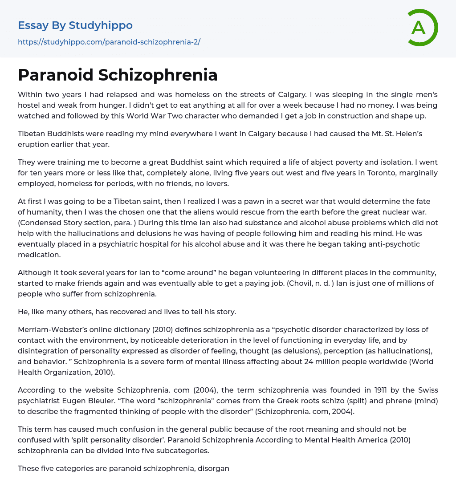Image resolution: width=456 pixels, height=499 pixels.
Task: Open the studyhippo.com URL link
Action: [109, 42]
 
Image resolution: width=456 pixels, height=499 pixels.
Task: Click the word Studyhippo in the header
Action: [101, 25]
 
